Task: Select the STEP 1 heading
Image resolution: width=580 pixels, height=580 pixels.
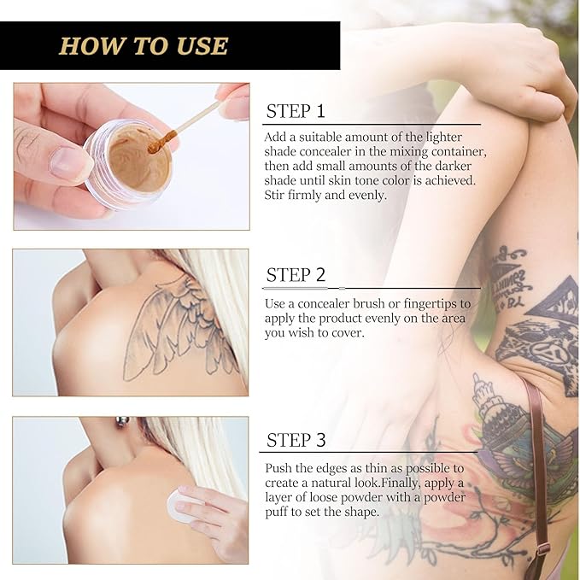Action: pyautogui.click(x=296, y=111)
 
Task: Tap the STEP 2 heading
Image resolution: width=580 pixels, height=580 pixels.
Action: pyautogui.click(x=296, y=275)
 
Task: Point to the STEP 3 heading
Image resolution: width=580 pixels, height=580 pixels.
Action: pyautogui.click(x=296, y=441)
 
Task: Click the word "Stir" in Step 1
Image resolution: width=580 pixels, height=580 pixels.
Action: pyautogui.click(x=281, y=195)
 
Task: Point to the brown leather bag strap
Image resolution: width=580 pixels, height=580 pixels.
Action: pyautogui.click(x=538, y=461)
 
